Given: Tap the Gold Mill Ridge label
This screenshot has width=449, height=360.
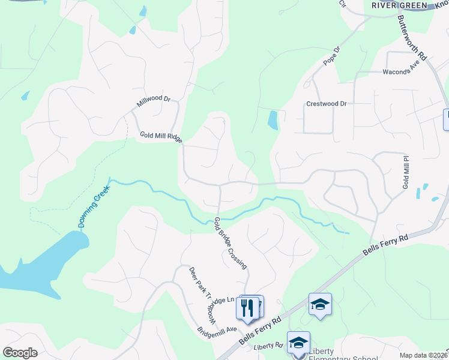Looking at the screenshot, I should tap(161, 137).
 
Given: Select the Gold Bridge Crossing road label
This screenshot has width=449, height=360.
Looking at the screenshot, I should tap(231, 242).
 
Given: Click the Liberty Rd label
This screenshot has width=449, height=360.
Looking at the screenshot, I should tap(268, 346).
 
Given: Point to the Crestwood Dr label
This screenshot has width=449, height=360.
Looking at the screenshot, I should tap(327, 103).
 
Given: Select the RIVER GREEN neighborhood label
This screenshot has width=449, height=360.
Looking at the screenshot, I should tap(399, 5).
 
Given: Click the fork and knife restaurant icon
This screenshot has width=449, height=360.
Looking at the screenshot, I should tap(247, 308).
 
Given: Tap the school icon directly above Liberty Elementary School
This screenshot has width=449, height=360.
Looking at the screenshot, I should tap(298, 343).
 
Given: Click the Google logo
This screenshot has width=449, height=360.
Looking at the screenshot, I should tap(20, 352).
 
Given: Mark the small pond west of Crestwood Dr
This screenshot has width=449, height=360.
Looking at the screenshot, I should tap(273, 121).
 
